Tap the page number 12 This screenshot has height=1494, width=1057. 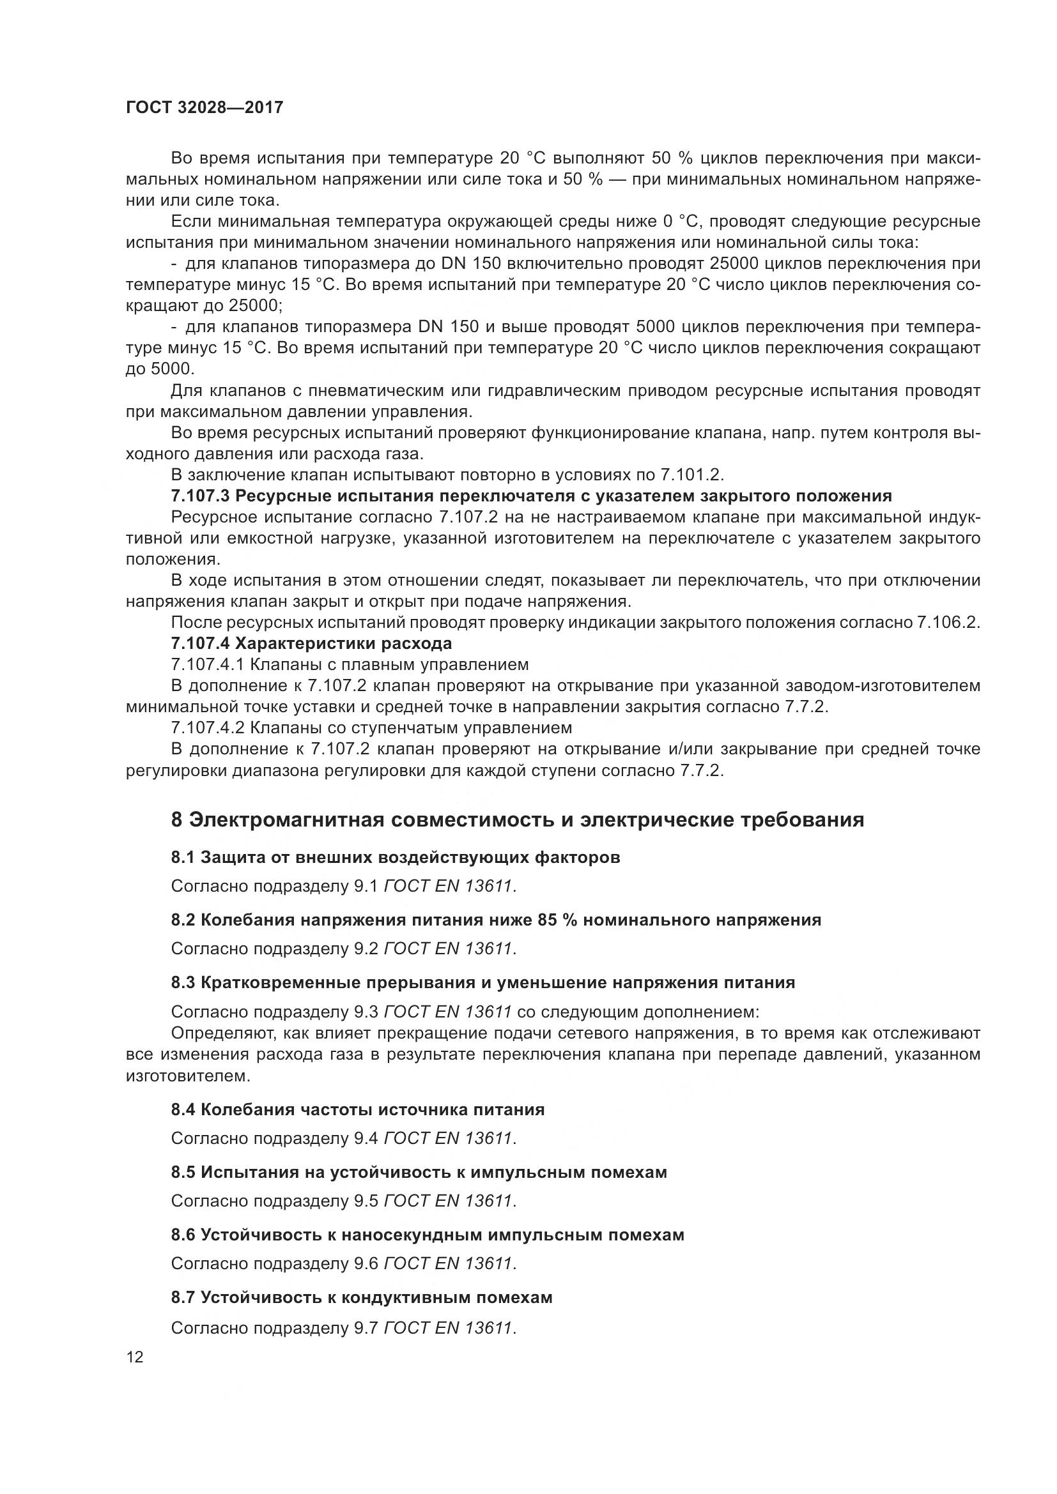[x=135, y=1357]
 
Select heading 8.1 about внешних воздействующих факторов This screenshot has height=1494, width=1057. [x=395, y=858]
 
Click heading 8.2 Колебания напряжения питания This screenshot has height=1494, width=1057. [x=495, y=920]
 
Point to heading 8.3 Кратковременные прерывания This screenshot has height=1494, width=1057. [x=483, y=982]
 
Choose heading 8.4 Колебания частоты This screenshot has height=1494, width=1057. [x=357, y=1109]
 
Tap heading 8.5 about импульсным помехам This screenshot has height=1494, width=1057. [x=419, y=1172]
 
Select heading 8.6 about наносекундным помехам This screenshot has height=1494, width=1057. [x=427, y=1235]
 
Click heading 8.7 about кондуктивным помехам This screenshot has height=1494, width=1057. [x=361, y=1297]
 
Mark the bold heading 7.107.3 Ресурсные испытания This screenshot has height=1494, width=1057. [x=530, y=496]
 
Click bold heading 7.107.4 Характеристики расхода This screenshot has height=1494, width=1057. [x=311, y=644]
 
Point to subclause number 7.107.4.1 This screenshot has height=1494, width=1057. [x=208, y=664]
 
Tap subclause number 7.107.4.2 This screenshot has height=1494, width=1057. [x=208, y=727]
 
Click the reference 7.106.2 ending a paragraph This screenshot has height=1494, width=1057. [x=946, y=623]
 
